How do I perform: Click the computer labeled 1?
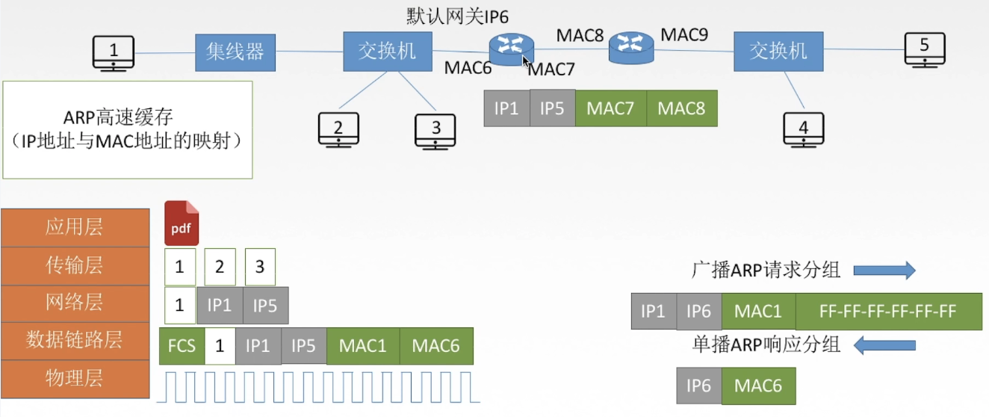pos(114,53)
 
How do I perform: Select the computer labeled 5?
pos(924,49)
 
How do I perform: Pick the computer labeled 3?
pos(435,130)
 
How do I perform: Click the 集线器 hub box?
pos(235,52)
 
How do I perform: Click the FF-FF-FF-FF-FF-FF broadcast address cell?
pos(887,312)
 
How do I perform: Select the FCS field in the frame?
pos(182,346)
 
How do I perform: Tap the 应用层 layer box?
pos(74,227)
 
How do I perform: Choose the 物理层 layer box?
pos(74,379)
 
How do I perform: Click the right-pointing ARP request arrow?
pos(884,271)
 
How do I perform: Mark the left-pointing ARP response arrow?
pos(884,345)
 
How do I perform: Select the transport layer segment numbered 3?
pos(260,267)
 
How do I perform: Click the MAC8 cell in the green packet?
pos(681,108)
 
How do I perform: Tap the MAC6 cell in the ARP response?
pos(758,386)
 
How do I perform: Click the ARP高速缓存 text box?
pos(128,130)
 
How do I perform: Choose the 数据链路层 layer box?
pos(74,341)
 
